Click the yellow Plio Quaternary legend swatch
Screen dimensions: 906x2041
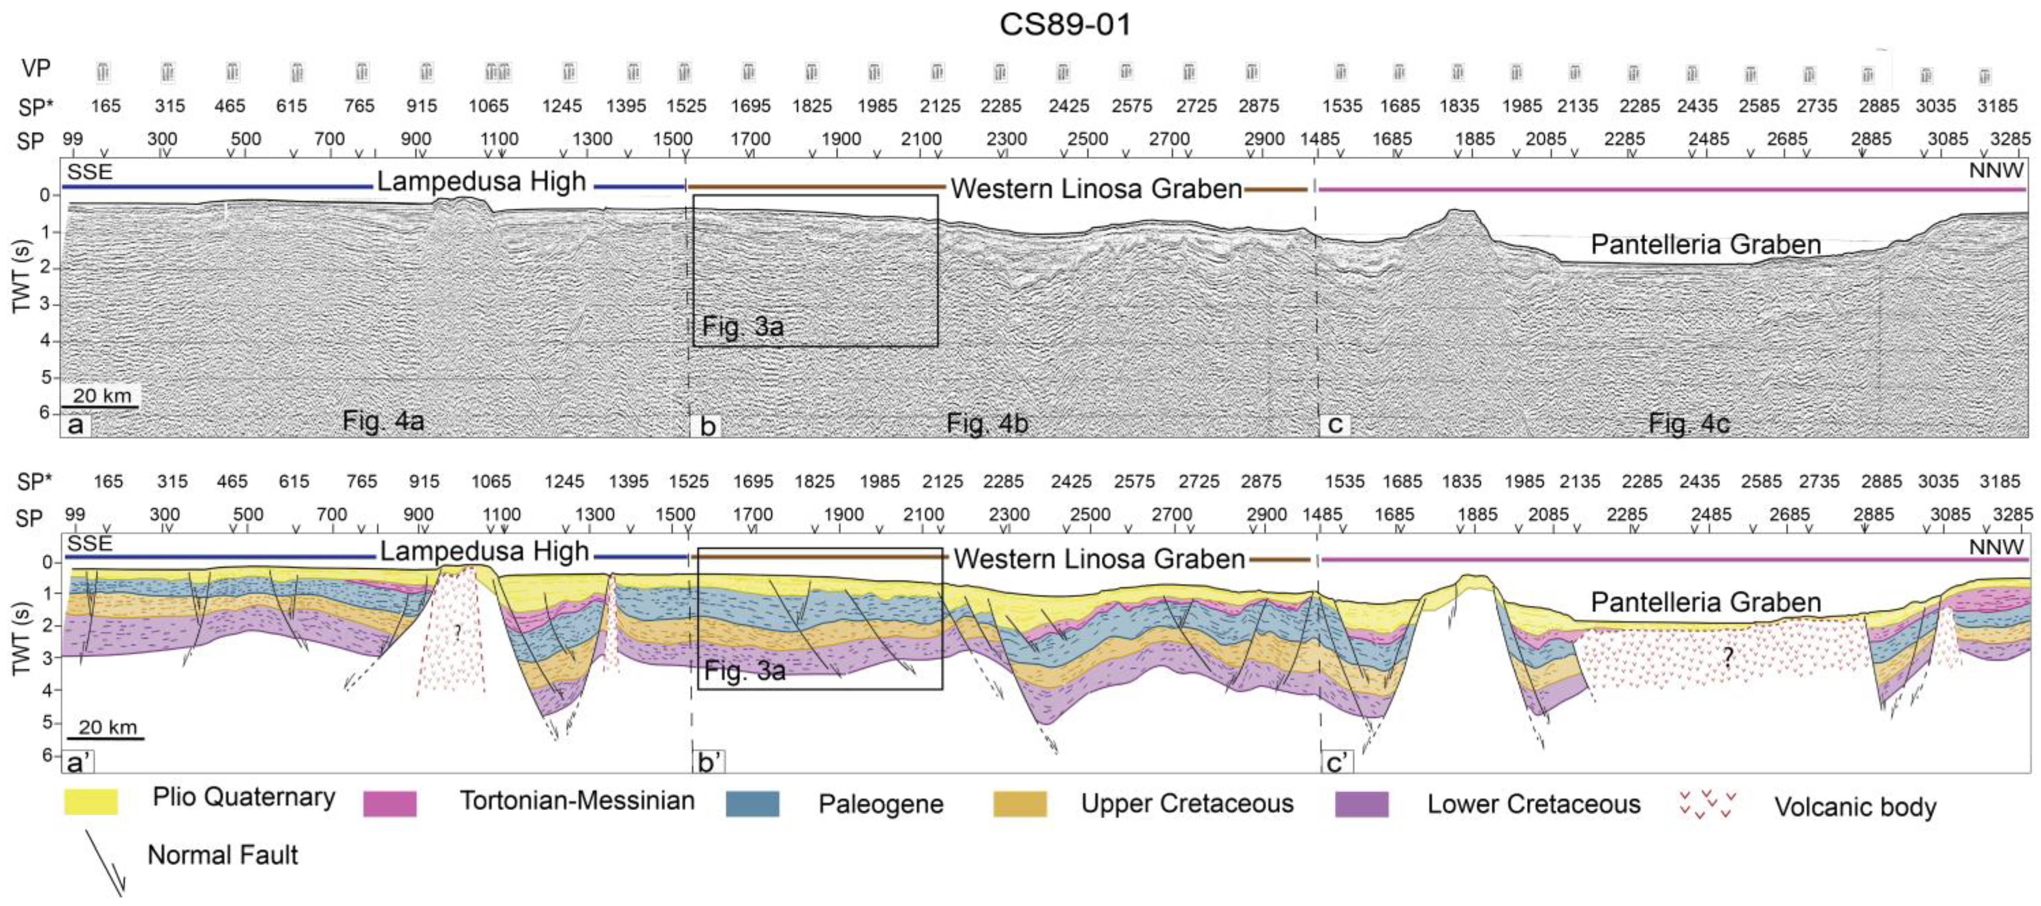coord(91,801)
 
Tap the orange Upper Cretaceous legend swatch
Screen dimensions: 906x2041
coord(1020,804)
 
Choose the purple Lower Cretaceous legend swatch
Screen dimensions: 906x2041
coord(1361,804)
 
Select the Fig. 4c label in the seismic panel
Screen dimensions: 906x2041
coord(1688,423)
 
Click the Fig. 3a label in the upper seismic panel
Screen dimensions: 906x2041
coord(742,327)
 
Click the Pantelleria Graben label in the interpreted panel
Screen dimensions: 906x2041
coord(1705,602)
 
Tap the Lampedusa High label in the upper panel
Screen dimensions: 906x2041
coord(481,181)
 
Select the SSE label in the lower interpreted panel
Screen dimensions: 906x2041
coord(89,544)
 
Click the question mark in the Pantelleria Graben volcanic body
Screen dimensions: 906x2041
coord(1727,656)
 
